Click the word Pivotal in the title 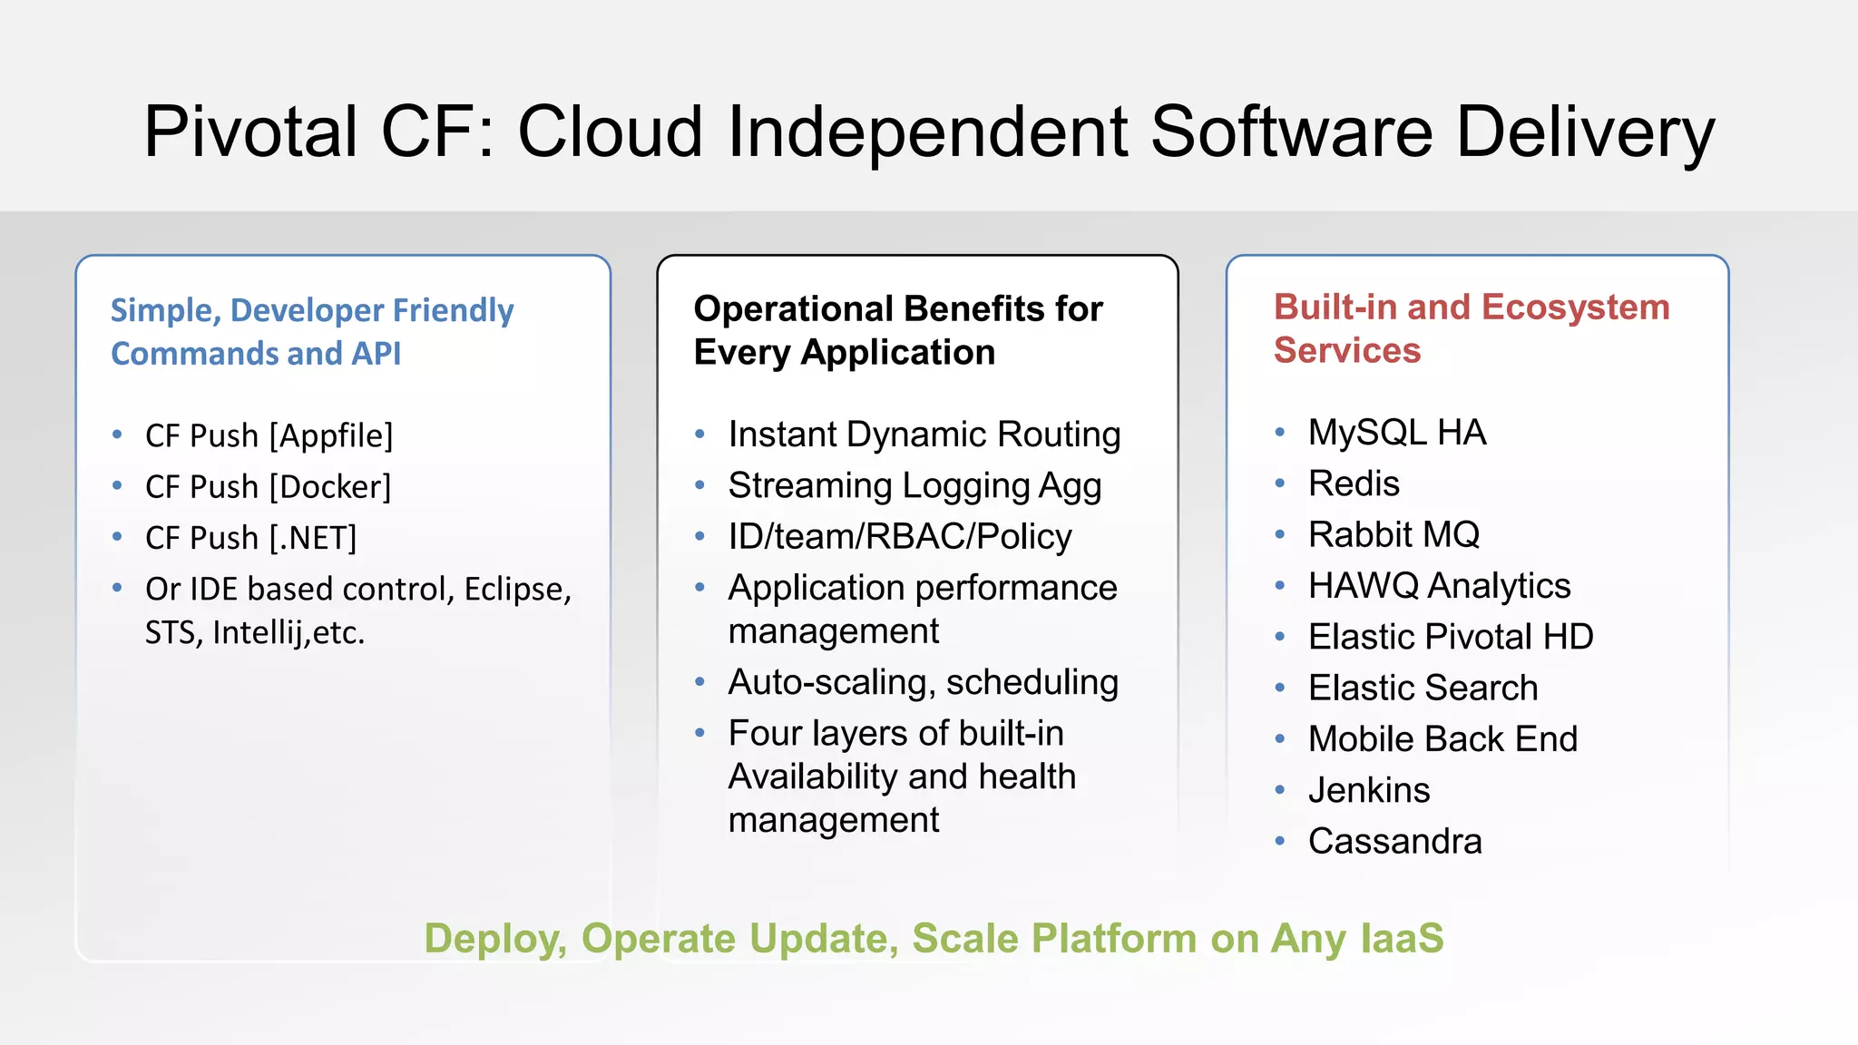click(250, 132)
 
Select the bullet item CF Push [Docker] click(268, 487)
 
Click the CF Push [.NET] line click(250, 538)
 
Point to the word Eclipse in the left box click(517, 590)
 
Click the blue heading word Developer click(307, 310)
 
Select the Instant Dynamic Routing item click(924, 435)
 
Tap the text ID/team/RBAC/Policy click(899, 537)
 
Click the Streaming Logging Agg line click(914, 486)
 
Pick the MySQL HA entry click(1396, 433)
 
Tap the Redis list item click(1354, 483)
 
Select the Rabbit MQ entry click(1393, 534)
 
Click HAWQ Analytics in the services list click(1439, 586)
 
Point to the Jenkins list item click(1368, 790)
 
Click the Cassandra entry click(1394, 842)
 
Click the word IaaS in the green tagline click(1401, 938)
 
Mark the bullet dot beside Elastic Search click(1279, 689)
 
